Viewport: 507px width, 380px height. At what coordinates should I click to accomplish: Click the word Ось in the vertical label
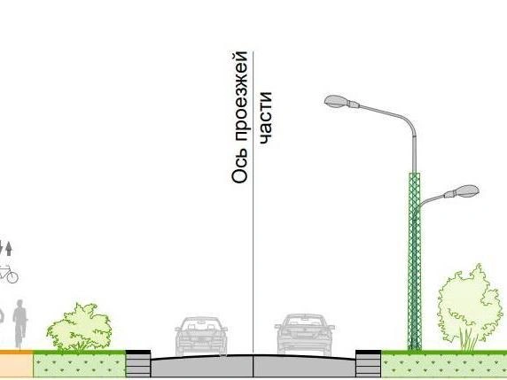[x=240, y=167]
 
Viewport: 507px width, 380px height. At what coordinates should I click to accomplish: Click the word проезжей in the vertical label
[x=241, y=97]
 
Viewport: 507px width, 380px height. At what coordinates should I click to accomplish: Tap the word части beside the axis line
[x=265, y=118]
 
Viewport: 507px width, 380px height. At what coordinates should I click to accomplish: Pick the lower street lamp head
[x=462, y=191]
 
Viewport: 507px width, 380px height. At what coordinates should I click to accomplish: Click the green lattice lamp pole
[x=414, y=261]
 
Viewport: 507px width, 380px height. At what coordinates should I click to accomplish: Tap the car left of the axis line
[x=201, y=336]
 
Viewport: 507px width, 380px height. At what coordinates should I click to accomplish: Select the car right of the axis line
[x=304, y=334]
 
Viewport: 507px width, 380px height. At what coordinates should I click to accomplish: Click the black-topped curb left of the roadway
[x=138, y=363]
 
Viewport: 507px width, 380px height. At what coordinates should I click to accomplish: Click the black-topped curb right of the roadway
[x=369, y=363]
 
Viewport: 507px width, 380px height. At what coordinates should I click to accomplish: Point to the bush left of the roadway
[x=80, y=328]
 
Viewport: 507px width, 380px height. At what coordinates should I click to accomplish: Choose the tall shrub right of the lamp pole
[x=470, y=307]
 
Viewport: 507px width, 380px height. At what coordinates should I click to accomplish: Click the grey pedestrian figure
[x=19, y=324]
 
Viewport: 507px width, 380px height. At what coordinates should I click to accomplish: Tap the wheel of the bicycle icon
[x=12, y=277]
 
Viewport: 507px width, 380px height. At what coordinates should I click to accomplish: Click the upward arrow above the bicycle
[x=9, y=249]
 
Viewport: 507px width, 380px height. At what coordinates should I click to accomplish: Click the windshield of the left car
[x=201, y=323]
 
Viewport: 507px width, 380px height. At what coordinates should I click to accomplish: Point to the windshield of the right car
[x=304, y=321]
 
